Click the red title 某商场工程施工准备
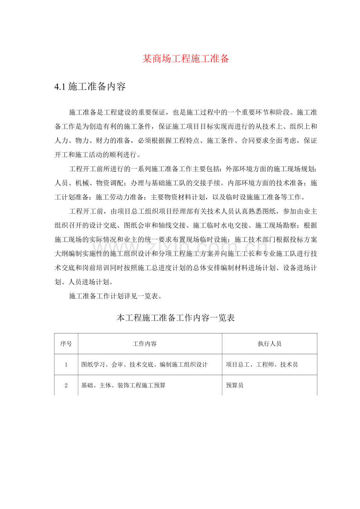click(185, 59)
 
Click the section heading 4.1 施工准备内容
click(90, 87)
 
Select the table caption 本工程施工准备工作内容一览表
click(176, 318)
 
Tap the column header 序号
click(66, 344)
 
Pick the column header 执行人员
click(269, 344)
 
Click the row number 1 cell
click(66, 365)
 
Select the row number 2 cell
click(66, 385)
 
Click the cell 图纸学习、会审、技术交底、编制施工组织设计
click(144, 365)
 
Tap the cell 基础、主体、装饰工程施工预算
click(123, 385)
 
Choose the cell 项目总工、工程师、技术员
click(262, 365)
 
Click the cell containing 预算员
click(235, 385)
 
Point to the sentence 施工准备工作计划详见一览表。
click(116, 296)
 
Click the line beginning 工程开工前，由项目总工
click(193, 211)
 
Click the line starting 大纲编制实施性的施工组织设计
click(185, 254)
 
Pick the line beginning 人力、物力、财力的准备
click(185, 140)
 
